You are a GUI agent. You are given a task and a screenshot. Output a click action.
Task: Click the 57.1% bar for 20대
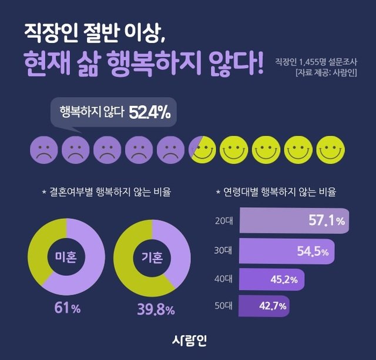coord(294,221)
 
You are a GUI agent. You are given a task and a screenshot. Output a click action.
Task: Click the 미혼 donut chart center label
coord(65,258)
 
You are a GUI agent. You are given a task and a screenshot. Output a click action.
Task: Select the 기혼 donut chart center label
coord(152,258)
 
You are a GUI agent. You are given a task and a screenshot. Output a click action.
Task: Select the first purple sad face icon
coord(42,150)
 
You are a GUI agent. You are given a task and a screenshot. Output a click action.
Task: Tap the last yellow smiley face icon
coord(328,150)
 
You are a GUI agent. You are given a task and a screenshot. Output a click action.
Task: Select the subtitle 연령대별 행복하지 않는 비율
coord(280,192)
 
